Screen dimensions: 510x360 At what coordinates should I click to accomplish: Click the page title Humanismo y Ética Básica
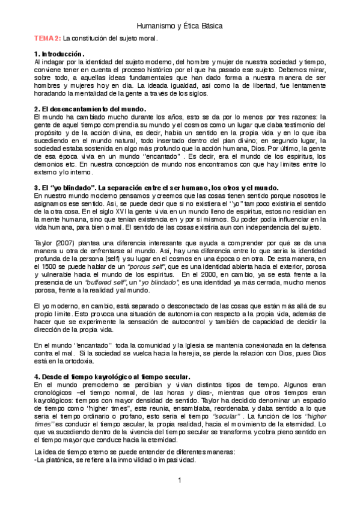[x=180, y=26]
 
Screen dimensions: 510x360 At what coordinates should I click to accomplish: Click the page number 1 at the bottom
[x=180, y=480]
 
